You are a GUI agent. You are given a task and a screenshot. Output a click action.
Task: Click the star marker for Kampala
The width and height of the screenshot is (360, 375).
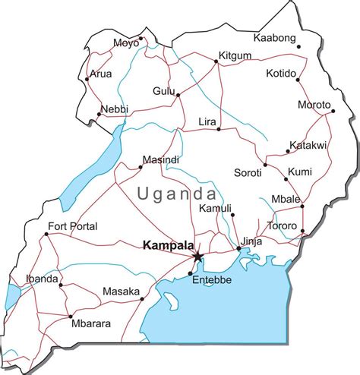[198, 257]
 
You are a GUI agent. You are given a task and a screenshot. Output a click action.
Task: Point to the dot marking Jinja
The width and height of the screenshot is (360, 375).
[239, 248]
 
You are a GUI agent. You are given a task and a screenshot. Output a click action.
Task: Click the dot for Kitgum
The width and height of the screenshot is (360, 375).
[217, 62]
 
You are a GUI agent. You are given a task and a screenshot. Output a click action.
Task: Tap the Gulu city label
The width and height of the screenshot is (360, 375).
[164, 90]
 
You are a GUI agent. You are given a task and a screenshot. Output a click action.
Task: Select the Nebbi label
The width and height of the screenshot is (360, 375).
[115, 109]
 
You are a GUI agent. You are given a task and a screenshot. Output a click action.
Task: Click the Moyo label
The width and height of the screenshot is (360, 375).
[126, 43]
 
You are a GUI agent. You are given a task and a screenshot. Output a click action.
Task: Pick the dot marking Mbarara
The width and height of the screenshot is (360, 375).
[71, 316]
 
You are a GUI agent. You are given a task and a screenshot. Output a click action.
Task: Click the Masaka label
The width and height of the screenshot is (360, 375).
[121, 291]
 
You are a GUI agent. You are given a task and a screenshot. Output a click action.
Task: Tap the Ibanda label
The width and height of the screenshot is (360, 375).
[42, 279]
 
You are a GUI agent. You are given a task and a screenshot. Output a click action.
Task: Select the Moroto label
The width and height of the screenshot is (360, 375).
[314, 105]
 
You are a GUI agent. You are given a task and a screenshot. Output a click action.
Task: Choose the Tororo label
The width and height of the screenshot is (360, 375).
[283, 225]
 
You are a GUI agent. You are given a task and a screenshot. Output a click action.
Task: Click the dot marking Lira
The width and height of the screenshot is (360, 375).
[219, 129]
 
